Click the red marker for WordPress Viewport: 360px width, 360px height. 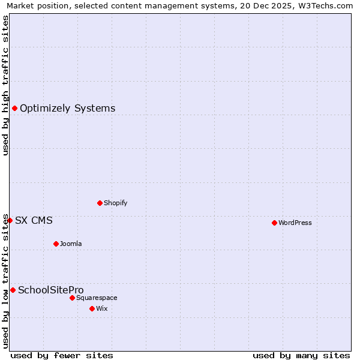point(274,223)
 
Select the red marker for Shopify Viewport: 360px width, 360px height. point(100,203)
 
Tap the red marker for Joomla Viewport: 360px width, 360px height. point(56,244)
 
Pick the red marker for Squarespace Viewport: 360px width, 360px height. point(72,298)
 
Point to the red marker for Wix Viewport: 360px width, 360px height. point(92,308)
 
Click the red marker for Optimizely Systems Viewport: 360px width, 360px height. point(14,108)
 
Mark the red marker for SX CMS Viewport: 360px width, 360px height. point(10,220)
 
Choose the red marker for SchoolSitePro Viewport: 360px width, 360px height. point(13,290)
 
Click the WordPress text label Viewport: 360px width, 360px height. point(295,223)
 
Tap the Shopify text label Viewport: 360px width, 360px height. point(116,203)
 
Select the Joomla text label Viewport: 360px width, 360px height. point(71,244)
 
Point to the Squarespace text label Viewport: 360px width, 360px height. point(97,298)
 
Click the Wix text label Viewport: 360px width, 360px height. point(102,309)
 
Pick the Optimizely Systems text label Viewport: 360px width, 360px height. point(68,109)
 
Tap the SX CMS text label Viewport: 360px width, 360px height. point(34,221)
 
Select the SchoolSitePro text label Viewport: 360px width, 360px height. point(51,290)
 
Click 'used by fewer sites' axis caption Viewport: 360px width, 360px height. point(62,356)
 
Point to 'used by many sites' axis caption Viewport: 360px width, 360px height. point(301,356)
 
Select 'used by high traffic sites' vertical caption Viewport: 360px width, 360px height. point(6,85)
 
